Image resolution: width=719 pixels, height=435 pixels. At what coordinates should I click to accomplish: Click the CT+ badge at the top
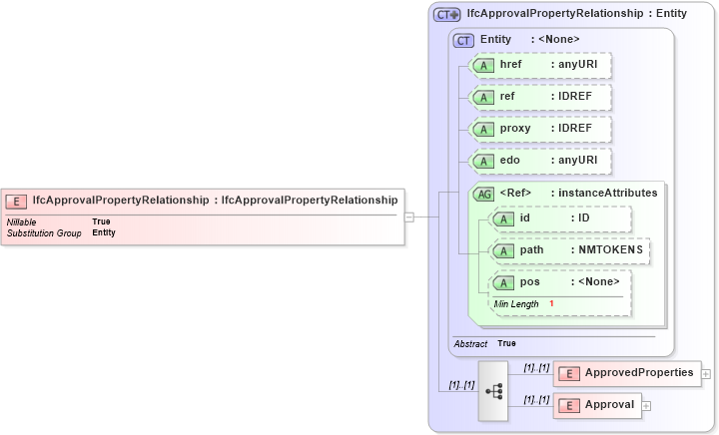(446, 15)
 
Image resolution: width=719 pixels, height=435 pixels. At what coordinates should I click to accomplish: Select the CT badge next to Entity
(463, 40)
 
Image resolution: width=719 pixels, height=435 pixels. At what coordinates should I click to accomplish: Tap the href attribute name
(510, 65)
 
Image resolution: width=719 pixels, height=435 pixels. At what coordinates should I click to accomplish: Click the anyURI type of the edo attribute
(577, 161)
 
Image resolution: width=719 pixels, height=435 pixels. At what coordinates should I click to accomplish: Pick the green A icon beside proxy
(483, 129)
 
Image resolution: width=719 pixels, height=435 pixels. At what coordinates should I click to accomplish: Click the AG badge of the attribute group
(483, 193)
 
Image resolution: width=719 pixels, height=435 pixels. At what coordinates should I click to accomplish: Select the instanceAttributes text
(607, 193)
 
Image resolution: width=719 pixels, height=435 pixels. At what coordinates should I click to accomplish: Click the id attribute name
(524, 218)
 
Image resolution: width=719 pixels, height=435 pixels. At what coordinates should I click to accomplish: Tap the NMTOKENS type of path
(606, 249)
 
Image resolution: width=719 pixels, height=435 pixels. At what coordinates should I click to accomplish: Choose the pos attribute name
(529, 281)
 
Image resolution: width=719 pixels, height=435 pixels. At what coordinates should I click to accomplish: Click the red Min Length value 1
(550, 303)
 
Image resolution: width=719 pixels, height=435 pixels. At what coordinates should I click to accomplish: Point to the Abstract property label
(470, 343)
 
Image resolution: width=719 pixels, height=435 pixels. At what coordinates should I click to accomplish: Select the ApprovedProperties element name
(639, 373)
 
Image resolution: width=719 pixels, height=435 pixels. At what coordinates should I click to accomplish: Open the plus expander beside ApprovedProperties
(706, 374)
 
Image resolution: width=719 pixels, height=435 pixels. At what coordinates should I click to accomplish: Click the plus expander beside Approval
(646, 405)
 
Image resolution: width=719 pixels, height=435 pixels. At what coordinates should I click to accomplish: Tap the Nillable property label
(22, 221)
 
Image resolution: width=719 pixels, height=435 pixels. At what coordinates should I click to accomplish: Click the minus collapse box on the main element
(408, 216)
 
